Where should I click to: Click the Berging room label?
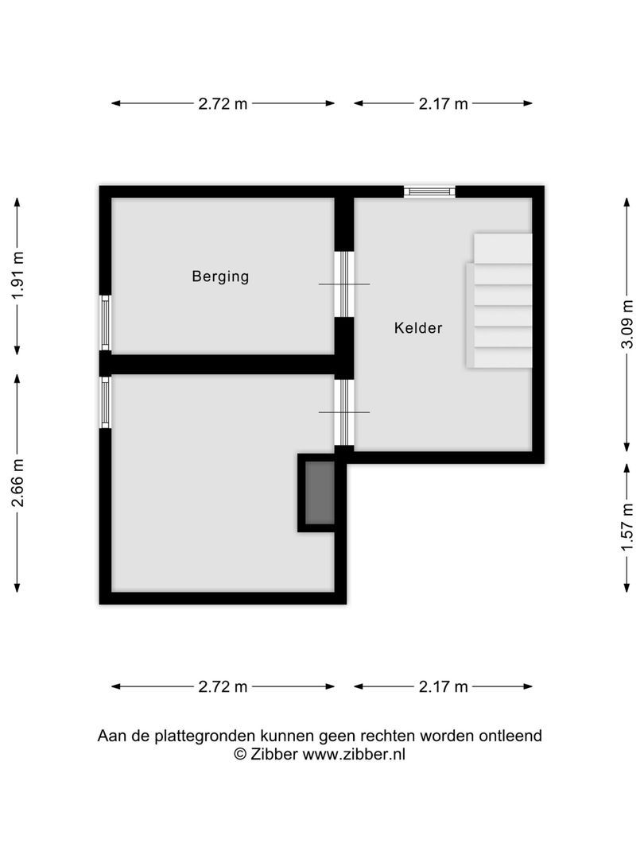(220, 276)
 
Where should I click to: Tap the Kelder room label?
(418, 327)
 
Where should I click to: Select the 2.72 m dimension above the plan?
(223, 103)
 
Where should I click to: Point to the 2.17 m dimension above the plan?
(443, 103)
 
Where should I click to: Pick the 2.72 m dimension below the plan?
(223, 687)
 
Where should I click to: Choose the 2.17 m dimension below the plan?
(443, 687)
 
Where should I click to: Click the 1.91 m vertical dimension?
(17, 275)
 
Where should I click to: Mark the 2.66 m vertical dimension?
(17, 482)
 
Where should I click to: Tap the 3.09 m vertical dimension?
(628, 324)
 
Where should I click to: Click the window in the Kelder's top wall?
(429, 191)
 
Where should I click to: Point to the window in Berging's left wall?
(105, 322)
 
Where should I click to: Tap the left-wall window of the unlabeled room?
(105, 402)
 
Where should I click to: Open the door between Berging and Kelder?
(343, 284)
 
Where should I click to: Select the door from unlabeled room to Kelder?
(343, 412)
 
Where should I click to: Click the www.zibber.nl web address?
(354, 755)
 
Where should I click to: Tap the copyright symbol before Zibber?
(239, 755)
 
